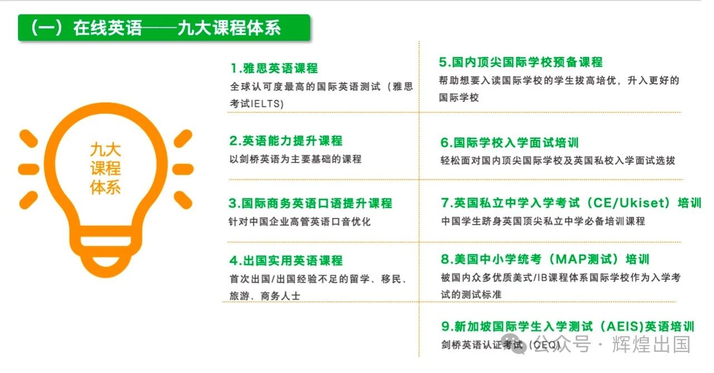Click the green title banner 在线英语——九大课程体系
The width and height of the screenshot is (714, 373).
click(164, 28)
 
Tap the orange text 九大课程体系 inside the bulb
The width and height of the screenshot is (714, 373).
click(105, 168)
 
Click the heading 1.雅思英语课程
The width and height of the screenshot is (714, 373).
click(274, 68)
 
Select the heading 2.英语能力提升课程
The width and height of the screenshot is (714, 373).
click(286, 141)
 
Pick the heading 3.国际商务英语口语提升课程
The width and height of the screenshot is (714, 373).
click(311, 203)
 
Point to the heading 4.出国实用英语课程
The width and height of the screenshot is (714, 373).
click(286, 260)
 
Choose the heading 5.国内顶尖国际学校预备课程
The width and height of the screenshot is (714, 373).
click(521, 62)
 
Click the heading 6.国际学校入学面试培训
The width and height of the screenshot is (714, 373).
click(510, 142)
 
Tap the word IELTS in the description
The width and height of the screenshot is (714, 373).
click(267, 104)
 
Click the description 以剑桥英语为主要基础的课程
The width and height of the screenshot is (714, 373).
click(296, 159)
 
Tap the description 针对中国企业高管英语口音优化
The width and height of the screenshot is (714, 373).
click(300, 221)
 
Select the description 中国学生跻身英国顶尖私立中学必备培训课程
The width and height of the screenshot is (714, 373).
click(543, 221)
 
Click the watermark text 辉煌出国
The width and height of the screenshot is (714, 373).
click(651, 345)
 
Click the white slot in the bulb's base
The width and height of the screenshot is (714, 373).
click(106, 242)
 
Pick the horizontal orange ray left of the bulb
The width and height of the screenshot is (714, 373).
click(28, 169)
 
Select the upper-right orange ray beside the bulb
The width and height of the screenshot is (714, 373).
click(183, 139)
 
